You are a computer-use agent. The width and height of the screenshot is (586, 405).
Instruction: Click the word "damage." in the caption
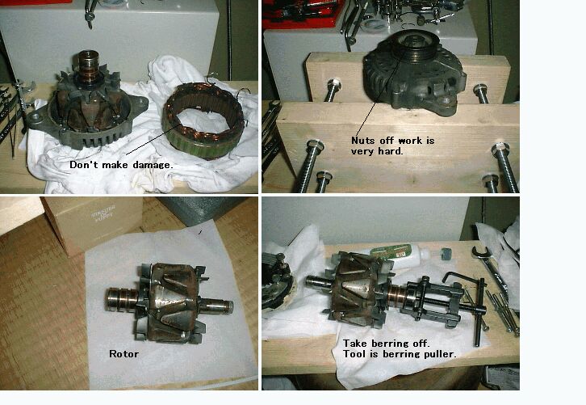(x=153, y=165)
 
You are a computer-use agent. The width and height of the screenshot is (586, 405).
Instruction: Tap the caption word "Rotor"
(x=123, y=354)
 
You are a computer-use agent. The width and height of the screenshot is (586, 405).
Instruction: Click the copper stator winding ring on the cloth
(x=203, y=120)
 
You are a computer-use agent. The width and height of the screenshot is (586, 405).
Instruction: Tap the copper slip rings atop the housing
(x=89, y=62)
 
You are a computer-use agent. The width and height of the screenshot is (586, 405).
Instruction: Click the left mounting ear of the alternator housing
(x=36, y=120)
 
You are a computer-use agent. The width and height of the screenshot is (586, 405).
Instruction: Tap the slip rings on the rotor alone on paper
(x=119, y=298)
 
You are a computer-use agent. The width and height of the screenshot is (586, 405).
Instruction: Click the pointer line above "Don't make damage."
(x=153, y=138)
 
